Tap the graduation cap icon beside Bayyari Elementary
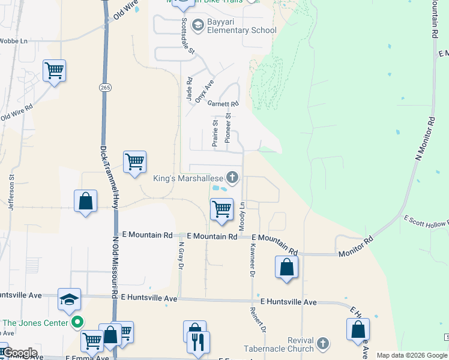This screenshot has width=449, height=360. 197,25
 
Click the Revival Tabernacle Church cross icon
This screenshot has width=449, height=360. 323,343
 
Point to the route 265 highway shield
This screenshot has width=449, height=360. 105,88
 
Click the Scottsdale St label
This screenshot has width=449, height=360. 188,36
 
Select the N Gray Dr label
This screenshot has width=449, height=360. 181,255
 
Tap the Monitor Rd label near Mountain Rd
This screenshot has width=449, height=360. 356,247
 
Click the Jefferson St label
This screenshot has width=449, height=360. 11,192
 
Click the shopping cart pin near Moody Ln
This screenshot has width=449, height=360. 221,209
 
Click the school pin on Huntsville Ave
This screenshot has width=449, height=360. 69,299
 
